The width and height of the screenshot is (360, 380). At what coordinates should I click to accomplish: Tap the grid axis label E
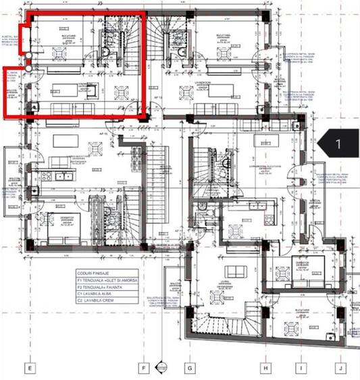coord(30,368)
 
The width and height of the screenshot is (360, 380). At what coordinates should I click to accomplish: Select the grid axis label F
coord(145,368)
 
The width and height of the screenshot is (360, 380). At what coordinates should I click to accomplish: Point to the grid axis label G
coord(190,368)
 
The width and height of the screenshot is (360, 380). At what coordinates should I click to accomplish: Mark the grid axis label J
coord(341,368)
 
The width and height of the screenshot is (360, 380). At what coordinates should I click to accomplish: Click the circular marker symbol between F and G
coord(161,367)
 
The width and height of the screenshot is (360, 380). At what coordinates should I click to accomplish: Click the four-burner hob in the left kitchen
coord(47,176)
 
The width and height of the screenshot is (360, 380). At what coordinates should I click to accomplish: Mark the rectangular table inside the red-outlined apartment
coord(65,92)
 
